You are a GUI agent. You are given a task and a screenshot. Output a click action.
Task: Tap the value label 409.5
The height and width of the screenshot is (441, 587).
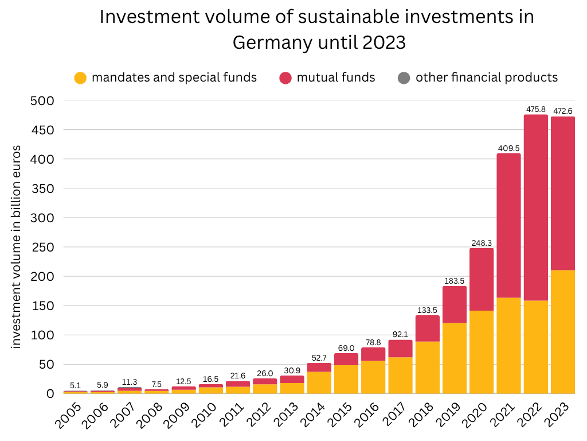508,148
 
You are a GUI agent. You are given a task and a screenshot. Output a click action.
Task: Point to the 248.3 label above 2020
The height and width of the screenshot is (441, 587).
481,243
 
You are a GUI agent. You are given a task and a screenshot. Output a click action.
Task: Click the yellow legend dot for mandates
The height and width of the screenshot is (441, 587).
81,78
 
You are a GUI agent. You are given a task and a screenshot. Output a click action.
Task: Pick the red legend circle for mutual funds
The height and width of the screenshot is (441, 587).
285,78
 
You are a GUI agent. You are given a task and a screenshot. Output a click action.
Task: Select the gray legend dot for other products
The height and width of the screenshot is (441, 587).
404,78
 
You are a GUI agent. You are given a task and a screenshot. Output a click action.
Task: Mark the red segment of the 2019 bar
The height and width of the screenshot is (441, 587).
454,304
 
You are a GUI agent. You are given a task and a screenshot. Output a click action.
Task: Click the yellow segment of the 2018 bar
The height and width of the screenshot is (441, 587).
427,367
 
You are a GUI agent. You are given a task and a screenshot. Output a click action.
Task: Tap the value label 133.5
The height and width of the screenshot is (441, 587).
427,310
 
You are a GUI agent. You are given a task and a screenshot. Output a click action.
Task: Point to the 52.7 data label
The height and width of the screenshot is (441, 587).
319,358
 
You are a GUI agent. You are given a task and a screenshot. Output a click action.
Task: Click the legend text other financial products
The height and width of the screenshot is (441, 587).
486,78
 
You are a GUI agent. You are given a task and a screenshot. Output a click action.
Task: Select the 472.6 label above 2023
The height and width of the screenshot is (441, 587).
563,111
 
